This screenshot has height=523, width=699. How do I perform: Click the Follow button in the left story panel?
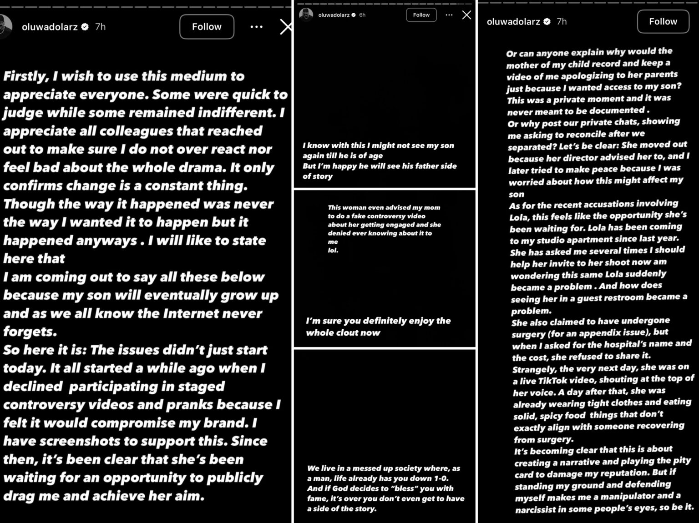click(207, 27)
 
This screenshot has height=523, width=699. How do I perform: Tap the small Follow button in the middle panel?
click(421, 15)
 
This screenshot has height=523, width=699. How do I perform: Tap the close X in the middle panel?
click(466, 15)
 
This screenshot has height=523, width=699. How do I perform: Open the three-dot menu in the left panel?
click(256, 27)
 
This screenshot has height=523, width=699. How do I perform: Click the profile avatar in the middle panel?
click(306, 15)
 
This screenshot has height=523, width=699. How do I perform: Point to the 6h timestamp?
click(362, 15)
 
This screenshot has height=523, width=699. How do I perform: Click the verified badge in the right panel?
click(547, 21)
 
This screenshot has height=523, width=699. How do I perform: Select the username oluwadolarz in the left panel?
click(50, 27)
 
